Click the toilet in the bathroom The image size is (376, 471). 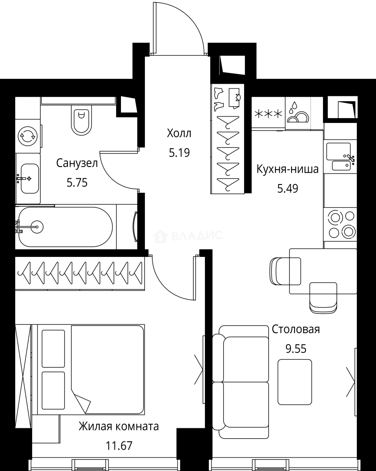(81, 120)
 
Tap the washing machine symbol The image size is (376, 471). (27, 137)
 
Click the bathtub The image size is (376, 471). (65, 227)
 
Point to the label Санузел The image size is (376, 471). (77, 163)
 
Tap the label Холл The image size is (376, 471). (179, 133)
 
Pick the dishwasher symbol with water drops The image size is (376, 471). (297, 113)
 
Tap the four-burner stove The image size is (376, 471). (340, 224)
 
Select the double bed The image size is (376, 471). (92, 369)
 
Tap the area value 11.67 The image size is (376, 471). (119, 446)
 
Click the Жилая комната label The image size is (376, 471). (118, 426)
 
